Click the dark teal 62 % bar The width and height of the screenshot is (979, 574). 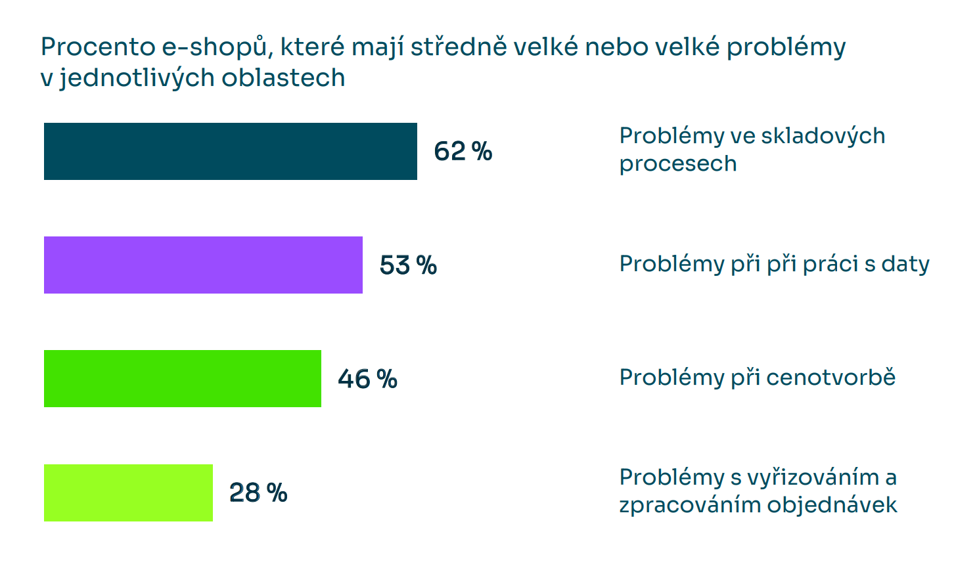pos(230,151)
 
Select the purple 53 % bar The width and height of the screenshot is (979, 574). pos(203,265)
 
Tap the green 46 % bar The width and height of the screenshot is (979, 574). pos(182,378)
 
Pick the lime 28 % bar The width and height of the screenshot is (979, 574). pos(128,493)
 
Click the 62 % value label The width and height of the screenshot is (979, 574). pos(463,152)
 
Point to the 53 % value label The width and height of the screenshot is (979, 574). pos(408,265)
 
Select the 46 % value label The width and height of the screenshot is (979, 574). pos(367,379)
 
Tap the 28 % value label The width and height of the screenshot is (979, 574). pos(258,493)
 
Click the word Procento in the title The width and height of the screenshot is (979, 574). pos(97,47)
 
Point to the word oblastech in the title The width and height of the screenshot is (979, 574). pos(283,77)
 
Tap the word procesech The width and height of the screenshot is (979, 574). pos(677,164)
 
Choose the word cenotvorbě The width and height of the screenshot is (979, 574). pos(831,378)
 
